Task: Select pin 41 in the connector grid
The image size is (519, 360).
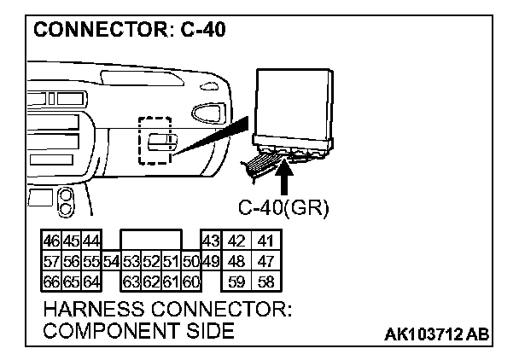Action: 266,241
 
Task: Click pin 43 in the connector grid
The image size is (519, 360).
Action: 210,241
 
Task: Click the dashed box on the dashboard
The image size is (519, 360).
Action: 155,138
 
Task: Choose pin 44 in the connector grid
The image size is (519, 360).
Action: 90,241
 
